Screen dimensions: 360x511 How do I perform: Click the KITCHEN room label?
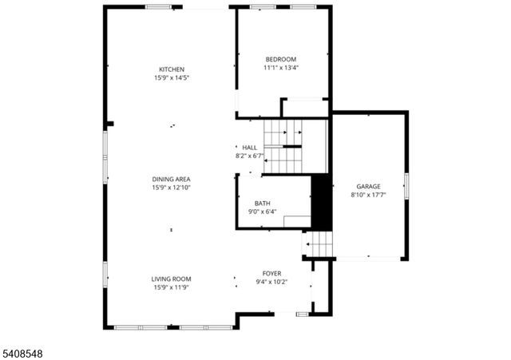click(172, 69)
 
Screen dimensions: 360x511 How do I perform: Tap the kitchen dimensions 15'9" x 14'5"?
click(172, 78)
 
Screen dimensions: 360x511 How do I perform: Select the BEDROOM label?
click(281, 59)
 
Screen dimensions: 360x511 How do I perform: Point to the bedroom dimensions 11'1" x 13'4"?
click(281, 68)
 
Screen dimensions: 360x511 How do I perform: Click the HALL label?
click(250, 147)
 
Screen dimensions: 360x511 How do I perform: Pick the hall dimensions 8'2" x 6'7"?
click(249, 156)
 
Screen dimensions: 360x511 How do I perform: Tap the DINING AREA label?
click(172, 179)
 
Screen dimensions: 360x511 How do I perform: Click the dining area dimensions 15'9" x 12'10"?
click(172, 188)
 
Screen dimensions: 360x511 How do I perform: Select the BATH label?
click(262, 203)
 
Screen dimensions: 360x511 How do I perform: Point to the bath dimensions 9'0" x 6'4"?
click(262, 212)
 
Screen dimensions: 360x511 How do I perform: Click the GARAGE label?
click(368, 186)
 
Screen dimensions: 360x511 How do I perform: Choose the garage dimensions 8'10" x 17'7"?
click(368, 195)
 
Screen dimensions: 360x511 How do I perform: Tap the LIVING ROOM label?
click(172, 279)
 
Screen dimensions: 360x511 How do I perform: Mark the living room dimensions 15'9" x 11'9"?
click(172, 287)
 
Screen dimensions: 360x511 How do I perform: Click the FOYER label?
click(271, 273)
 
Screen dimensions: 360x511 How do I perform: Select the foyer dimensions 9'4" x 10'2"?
click(271, 282)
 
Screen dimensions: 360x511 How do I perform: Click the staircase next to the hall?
click(284, 147)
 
